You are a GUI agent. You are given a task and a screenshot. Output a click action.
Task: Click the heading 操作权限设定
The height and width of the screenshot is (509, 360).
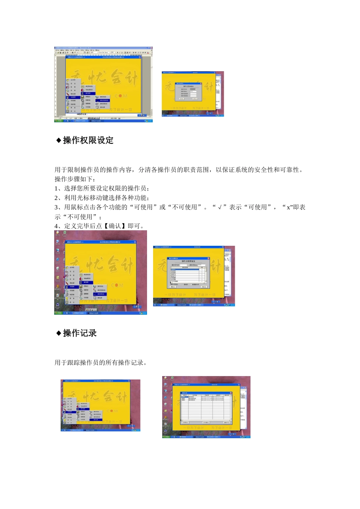[88, 141]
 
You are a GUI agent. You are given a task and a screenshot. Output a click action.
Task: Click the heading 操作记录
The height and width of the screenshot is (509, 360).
[80, 333]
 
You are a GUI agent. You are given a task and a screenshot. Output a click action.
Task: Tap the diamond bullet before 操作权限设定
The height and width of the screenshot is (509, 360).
[59, 141]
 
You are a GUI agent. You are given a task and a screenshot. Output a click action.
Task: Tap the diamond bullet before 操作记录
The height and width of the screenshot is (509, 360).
[59, 333]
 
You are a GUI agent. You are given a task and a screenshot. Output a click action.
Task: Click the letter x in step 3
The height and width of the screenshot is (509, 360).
[288, 207]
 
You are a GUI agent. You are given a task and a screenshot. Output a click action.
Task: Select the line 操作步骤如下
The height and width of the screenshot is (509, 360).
[75, 179]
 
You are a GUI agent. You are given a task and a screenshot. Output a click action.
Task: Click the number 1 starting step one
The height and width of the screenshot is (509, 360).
[56, 189]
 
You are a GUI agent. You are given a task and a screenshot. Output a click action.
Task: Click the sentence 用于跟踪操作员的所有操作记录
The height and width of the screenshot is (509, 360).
[100, 363]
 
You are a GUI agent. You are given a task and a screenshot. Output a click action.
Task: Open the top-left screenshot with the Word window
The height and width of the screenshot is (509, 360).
[103, 84]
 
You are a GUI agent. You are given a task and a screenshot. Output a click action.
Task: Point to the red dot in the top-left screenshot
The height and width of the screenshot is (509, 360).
[121, 96]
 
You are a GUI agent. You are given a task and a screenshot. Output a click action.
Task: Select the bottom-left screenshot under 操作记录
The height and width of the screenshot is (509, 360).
[100, 405]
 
